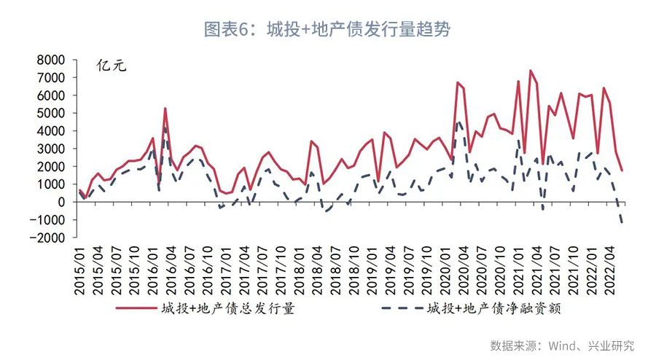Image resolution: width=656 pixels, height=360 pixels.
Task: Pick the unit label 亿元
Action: [112, 66]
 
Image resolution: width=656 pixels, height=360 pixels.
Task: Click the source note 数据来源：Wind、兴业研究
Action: [562, 344]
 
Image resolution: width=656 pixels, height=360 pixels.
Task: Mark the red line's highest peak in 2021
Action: [530, 71]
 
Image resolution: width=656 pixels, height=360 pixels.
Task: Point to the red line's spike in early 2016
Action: [165, 109]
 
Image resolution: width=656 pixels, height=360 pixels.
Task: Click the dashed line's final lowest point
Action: [622, 223]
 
